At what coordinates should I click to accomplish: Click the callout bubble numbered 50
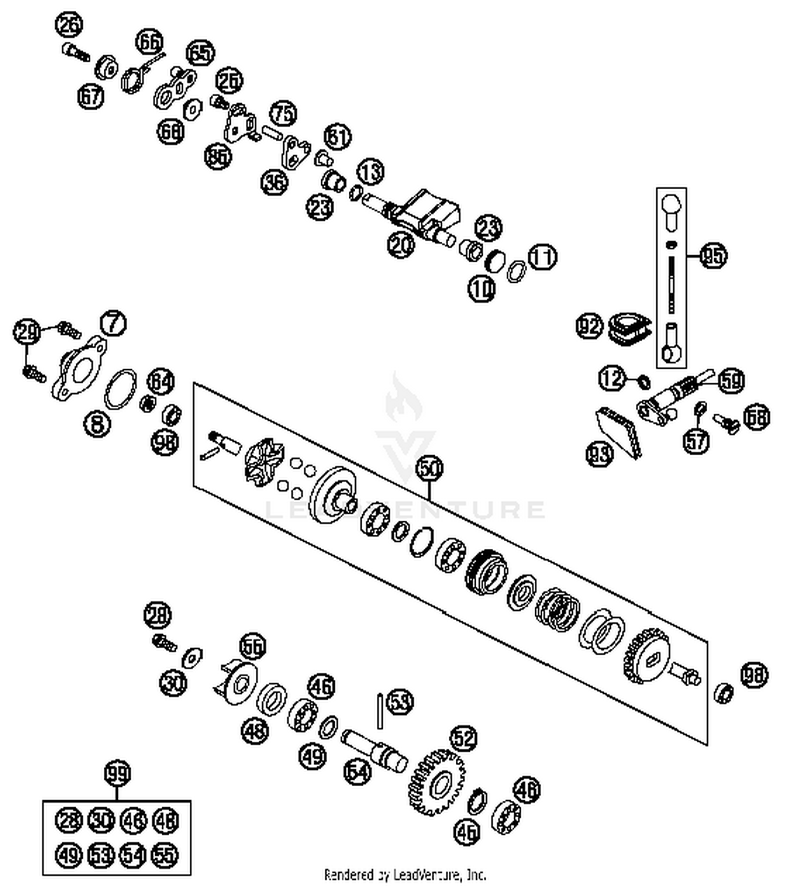pyautogui.click(x=429, y=469)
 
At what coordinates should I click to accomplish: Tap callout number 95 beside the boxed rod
pyautogui.click(x=713, y=255)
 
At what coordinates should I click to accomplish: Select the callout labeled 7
pyautogui.click(x=113, y=323)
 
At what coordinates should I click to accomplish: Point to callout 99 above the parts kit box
pyautogui.click(x=117, y=774)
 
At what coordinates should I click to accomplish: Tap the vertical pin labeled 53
pyautogui.click(x=381, y=710)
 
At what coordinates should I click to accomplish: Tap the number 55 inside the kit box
pyautogui.click(x=165, y=855)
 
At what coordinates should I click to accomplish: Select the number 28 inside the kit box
pyautogui.click(x=69, y=821)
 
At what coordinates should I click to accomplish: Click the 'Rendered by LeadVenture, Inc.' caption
pyautogui.click(x=405, y=874)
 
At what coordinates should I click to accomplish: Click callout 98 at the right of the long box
pyautogui.click(x=754, y=675)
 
